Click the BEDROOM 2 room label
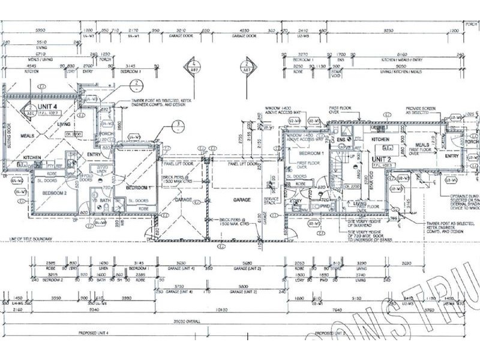pos(55,192)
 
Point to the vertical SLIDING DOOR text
pos(10,134)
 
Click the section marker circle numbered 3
pos(178,125)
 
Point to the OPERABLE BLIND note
pos(466,199)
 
